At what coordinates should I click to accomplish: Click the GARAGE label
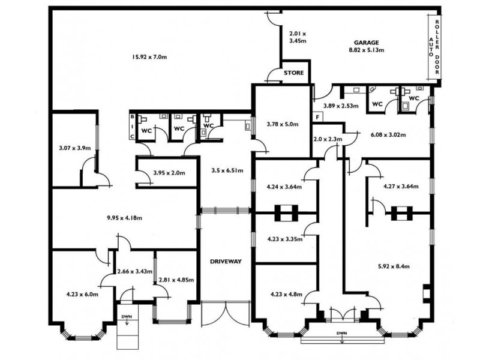(367, 43)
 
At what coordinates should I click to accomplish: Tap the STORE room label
(294, 73)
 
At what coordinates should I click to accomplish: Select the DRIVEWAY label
(226, 262)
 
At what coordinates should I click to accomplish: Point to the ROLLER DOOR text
(437, 47)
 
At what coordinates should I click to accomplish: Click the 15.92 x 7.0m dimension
(149, 56)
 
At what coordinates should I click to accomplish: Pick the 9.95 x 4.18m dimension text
(124, 218)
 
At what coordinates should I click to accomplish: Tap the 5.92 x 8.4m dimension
(394, 266)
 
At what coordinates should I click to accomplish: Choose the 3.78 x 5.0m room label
(283, 124)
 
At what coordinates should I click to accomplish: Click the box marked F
(318, 117)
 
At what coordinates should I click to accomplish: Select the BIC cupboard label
(132, 126)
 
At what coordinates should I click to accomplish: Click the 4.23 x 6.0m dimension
(82, 295)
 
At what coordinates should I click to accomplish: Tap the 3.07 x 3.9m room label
(74, 148)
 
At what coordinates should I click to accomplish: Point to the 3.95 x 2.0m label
(169, 173)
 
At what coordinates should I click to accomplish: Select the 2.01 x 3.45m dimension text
(298, 37)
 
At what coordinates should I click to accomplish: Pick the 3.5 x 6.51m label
(227, 170)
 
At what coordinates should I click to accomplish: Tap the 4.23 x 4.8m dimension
(287, 295)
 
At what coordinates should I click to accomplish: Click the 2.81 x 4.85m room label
(176, 280)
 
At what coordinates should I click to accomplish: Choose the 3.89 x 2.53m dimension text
(341, 106)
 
